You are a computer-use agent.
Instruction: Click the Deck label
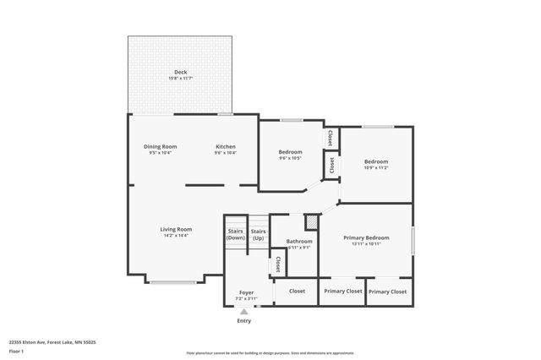point(180,73)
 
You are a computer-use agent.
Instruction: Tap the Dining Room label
point(160,146)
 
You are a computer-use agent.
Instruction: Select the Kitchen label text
point(225,146)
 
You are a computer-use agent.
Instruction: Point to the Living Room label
point(177,229)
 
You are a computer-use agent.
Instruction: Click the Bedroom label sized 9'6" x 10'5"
point(290,152)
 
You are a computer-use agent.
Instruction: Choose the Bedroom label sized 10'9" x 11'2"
point(376,161)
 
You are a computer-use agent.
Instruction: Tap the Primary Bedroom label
point(366,238)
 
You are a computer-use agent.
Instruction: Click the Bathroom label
point(299,242)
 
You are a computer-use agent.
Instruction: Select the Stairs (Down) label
point(236,234)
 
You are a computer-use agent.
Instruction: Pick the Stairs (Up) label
point(258,234)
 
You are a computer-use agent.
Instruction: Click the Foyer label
point(246,292)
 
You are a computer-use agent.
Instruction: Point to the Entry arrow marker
point(244,312)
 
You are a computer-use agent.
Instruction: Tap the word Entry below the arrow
point(244,321)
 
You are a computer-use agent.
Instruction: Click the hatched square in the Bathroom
point(311,221)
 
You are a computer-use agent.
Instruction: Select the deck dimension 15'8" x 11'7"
point(180,79)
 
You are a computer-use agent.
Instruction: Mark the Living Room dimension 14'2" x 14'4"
point(177,236)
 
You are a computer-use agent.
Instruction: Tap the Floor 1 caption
point(16,351)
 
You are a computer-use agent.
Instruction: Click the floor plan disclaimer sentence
point(270,353)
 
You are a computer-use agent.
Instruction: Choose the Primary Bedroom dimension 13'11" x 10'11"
point(366,244)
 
